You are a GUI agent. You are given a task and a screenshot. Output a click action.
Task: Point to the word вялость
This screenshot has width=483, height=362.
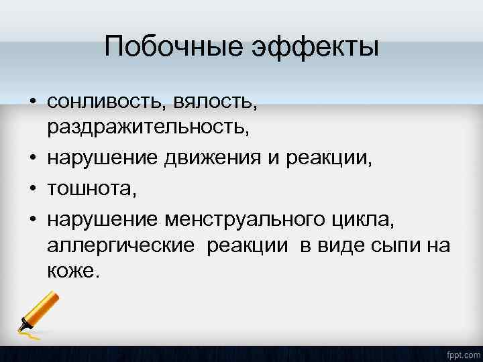pyautogui.click(x=215, y=102)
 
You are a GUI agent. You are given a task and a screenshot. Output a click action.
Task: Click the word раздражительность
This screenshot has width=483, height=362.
pyautogui.click(x=148, y=127)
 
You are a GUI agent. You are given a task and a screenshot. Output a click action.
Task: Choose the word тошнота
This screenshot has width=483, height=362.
pyautogui.click(x=91, y=190)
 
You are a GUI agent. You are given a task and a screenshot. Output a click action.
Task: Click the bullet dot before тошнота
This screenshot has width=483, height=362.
pyautogui.click(x=32, y=190)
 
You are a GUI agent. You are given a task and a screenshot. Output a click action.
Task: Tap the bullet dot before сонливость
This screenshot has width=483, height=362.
pyautogui.click(x=32, y=103)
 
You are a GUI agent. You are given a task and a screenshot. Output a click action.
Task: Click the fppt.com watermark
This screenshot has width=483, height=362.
pyautogui.click(x=462, y=353)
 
